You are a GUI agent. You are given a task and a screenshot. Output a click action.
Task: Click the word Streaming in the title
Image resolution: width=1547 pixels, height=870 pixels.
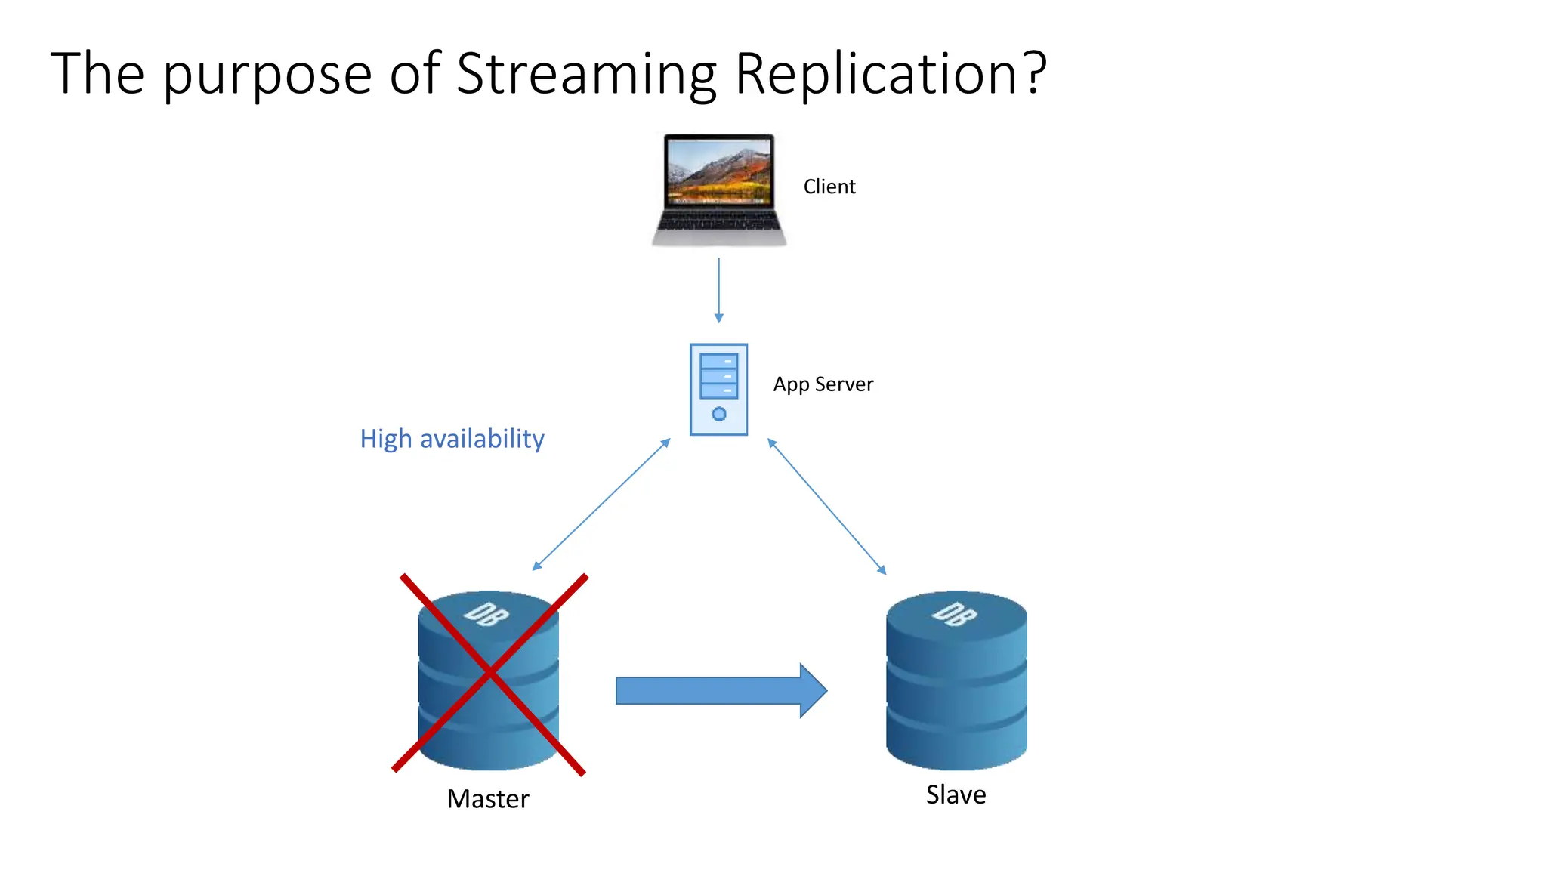pyautogui.click(x=586, y=74)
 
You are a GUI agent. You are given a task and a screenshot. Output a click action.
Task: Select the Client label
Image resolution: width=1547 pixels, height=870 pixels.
pyautogui.click(x=829, y=187)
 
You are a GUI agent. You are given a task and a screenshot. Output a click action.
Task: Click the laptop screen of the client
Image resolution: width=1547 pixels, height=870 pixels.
pyautogui.click(x=719, y=171)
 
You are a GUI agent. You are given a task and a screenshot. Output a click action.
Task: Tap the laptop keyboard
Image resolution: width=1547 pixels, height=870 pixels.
pyautogui.click(x=719, y=221)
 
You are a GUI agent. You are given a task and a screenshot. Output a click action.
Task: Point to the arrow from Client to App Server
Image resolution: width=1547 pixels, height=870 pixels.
pyautogui.click(x=718, y=291)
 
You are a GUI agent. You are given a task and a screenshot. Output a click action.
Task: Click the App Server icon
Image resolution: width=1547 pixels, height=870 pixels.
pyautogui.click(x=718, y=389)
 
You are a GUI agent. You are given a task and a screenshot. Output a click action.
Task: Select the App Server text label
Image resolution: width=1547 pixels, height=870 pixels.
pyautogui.click(x=823, y=384)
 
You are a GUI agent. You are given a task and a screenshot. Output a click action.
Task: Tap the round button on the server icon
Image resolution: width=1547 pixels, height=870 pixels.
pyautogui.click(x=719, y=414)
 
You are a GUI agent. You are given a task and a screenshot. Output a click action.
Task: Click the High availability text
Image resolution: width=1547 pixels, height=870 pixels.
pyautogui.click(x=452, y=439)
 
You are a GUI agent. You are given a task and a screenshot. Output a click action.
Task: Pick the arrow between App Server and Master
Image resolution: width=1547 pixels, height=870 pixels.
pyautogui.click(x=601, y=504)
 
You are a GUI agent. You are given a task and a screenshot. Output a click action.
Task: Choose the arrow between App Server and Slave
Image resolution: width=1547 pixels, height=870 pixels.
pyautogui.click(x=826, y=506)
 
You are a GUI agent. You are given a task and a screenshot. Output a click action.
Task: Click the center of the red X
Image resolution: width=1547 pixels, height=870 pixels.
pyautogui.click(x=489, y=673)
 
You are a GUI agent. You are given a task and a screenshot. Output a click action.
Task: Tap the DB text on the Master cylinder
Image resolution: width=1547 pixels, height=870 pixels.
pyautogui.click(x=486, y=614)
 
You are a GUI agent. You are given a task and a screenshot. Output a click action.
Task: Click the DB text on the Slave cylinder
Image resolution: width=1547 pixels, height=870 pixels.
pyautogui.click(x=954, y=614)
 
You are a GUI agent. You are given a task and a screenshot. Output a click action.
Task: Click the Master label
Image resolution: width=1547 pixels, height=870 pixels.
pyautogui.click(x=488, y=799)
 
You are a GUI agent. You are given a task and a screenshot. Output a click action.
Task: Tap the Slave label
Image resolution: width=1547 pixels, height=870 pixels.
pyautogui.click(x=956, y=794)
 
